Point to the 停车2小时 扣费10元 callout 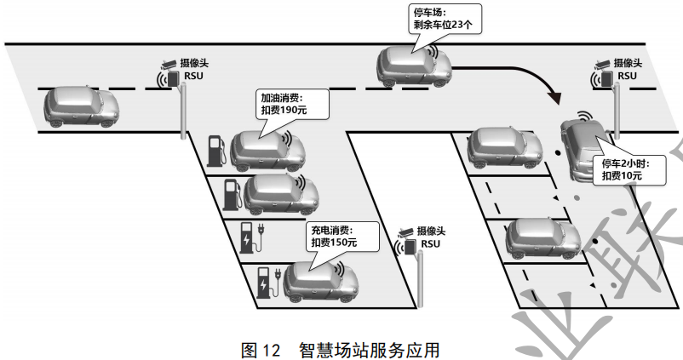click(x=621, y=169)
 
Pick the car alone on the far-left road click(x=81, y=106)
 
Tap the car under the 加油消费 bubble click(x=267, y=151)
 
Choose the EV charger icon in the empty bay click(x=251, y=238)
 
